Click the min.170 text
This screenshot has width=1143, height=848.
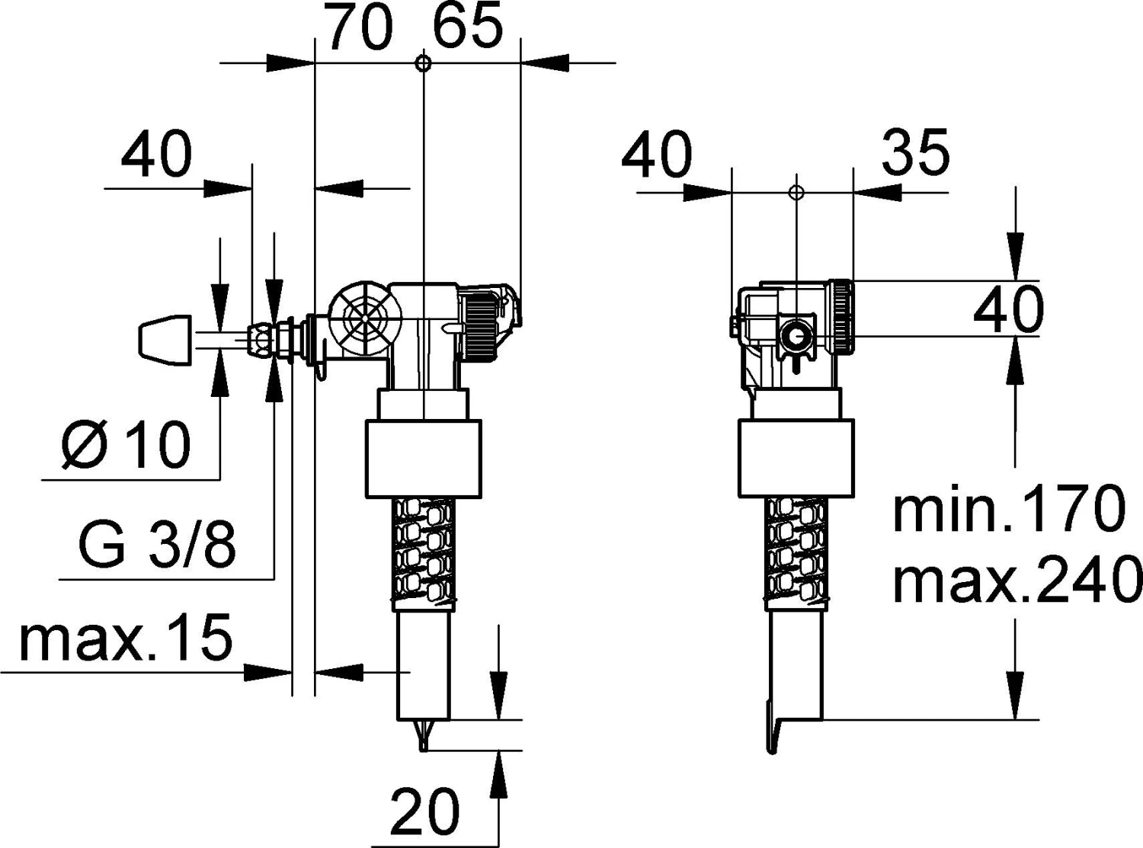[x=1008, y=509]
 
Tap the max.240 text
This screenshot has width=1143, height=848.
[x=1017, y=580]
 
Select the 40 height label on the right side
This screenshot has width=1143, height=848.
[x=1009, y=311]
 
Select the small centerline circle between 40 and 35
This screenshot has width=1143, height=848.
[x=795, y=191]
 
